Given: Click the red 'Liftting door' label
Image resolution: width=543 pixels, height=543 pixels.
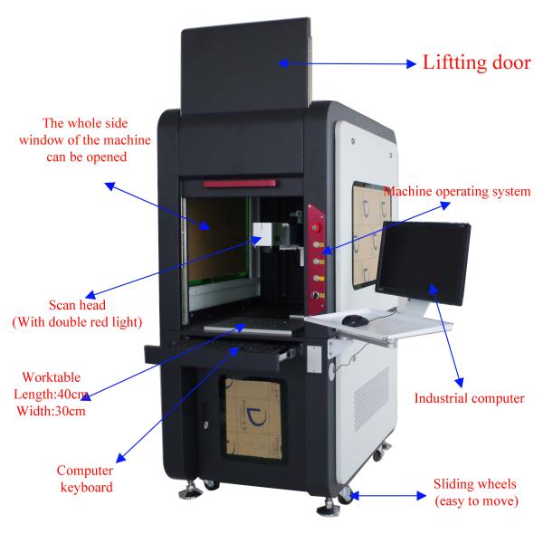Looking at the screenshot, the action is (477, 62).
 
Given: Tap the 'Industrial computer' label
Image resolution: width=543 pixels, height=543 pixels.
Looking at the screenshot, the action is (469, 398).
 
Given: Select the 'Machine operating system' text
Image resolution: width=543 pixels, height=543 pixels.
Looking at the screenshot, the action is (457, 192).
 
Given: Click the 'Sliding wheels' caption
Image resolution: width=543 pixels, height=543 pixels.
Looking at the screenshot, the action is (475, 484).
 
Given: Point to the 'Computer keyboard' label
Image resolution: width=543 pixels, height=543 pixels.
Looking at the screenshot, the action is (86, 479).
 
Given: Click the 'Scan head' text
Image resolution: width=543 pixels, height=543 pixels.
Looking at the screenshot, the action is (77, 305).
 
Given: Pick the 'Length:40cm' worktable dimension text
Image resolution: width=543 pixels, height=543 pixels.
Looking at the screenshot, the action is (51, 394).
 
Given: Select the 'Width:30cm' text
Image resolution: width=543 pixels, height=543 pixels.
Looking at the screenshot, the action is (51, 411).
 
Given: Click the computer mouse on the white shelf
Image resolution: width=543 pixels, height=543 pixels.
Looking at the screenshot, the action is (355, 320).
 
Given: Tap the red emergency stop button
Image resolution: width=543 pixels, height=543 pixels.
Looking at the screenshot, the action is (316, 227).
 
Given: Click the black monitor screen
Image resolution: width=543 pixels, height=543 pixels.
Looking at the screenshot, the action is (424, 262).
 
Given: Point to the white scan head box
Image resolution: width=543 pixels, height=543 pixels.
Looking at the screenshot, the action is (266, 234).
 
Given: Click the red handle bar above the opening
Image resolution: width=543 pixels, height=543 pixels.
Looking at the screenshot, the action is (239, 184).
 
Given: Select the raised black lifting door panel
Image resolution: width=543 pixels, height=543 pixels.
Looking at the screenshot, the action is (245, 66).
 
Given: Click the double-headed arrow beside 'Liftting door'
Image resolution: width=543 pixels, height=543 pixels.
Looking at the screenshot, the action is (347, 63).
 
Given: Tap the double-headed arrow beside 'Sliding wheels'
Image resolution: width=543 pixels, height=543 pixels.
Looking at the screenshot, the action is (388, 496).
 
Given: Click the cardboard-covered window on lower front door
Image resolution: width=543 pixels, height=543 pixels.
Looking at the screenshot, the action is (253, 418).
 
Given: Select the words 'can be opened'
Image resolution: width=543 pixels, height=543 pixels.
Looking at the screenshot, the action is (87, 157).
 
